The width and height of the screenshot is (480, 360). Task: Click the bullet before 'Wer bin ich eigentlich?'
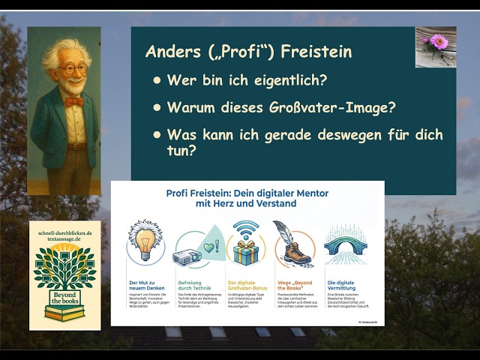tap(157, 79)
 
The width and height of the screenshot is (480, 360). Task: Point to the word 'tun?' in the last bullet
tap(181, 151)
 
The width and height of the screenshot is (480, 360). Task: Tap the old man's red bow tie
tap(73, 101)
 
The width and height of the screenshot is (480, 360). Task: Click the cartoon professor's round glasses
tap(73, 70)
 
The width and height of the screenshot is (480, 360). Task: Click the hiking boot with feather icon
tap(295, 244)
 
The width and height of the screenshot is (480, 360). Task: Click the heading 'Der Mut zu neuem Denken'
tap(143, 284)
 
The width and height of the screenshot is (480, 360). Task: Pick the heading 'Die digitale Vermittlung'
tap(342, 284)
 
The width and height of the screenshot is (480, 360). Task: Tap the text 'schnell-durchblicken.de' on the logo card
tap(64, 233)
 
